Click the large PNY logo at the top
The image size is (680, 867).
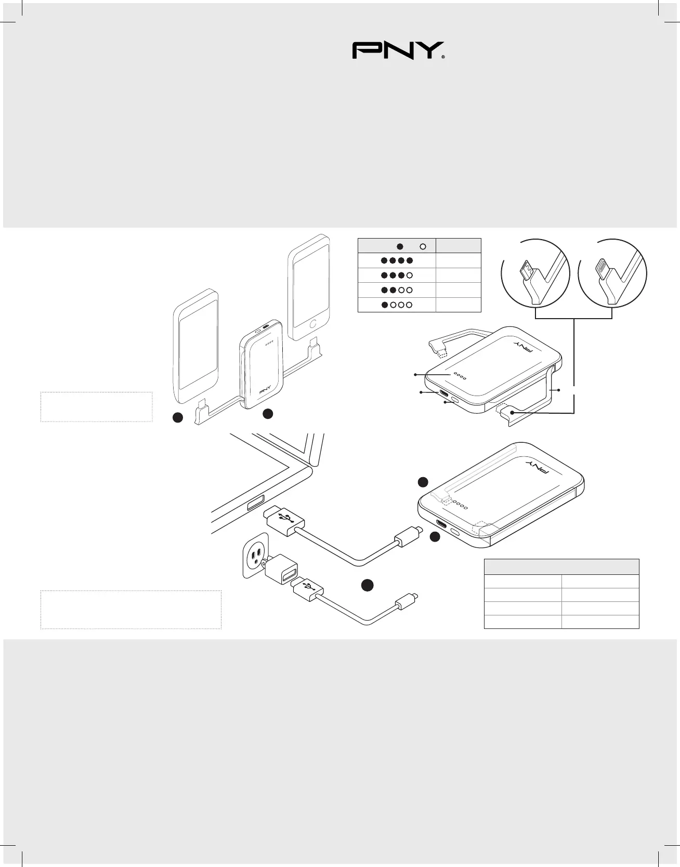398,50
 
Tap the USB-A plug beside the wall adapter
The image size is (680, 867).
308,589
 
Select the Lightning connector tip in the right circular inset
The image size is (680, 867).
604,267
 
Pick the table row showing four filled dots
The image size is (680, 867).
419,260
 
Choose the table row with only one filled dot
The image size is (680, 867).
419,305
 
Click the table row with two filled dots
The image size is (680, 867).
419,290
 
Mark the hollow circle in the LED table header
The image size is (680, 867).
423,246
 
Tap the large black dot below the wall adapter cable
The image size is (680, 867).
368,585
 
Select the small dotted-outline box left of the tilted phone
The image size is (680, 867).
96,406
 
